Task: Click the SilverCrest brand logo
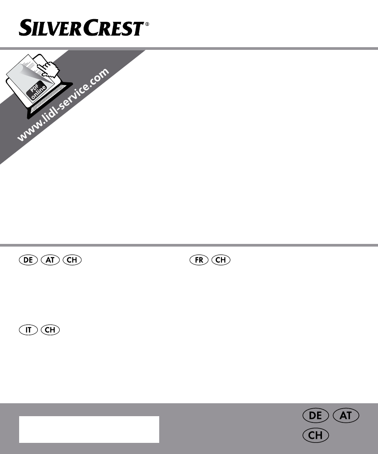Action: (x=84, y=28)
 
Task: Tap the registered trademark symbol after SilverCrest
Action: (x=147, y=24)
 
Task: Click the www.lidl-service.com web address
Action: (x=63, y=105)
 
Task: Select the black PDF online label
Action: (x=37, y=90)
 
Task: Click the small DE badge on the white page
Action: (x=28, y=260)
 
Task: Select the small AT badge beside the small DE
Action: (x=50, y=260)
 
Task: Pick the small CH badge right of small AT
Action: (x=72, y=260)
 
